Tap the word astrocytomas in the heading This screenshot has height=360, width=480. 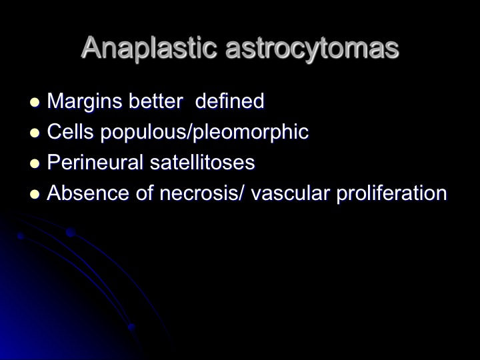pyautogui.click(x=312, y=49)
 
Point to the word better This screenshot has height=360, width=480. pyautogui.click(x=156, y=101)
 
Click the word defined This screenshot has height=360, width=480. pyautogui.click(x=229, y=101)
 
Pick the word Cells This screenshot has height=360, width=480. pyautogui.click(x=71, y=131)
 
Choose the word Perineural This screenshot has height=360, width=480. pyautogui.click(x=95, y=162)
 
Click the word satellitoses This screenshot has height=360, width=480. pyautogui.click(x=203, y=162)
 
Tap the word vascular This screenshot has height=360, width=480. pyautogui.click(x=290, y=193)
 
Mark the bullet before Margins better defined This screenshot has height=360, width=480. pyautogui.click(x=35, y=103)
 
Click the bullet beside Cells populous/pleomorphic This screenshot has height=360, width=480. pyautogui.click(x=35, y=133)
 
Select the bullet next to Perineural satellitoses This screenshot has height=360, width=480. pyautogui.click(x=35, y=164)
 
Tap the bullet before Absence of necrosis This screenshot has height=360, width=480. pyautogui.click(x=35, y=195)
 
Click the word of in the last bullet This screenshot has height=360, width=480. pyautogui.click(x=145, y=193)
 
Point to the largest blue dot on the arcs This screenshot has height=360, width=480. pyautogui.click(x=71, y=232)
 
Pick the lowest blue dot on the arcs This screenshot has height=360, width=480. pyautogui.click(x=131, y=327)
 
